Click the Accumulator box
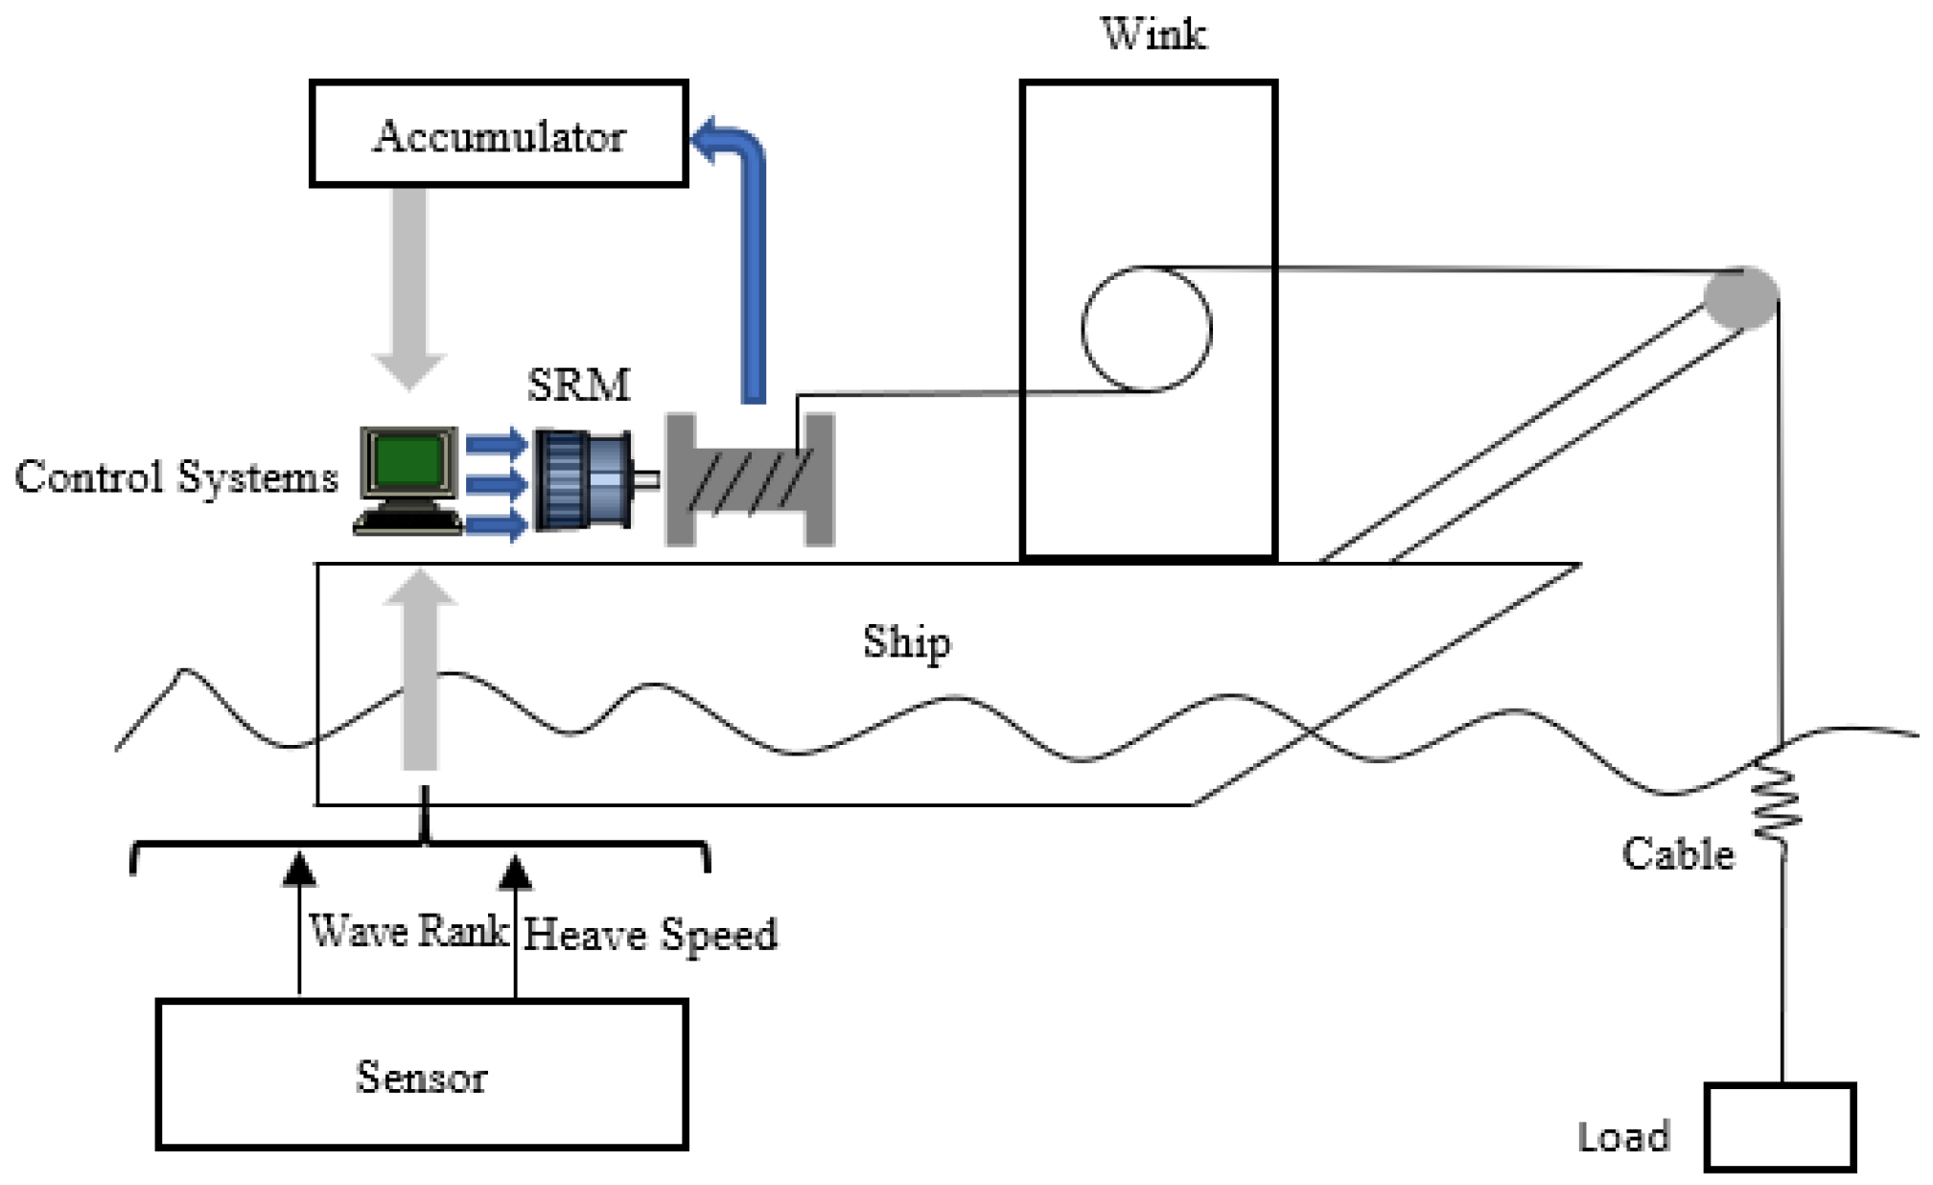coord(499,134)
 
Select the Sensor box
coord(422,1075)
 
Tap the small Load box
coord(1780,1127)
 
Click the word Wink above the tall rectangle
coord(1153,35)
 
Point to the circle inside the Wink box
coord(1147,329)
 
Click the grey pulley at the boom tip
coord(1741,297)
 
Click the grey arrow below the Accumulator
coord(409,288)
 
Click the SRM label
coord(579,385)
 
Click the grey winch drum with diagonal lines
coord(750,480)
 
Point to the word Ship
coord(906,642)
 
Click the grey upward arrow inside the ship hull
coord(420,671)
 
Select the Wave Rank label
coord(408,931)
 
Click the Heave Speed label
coord(650,935)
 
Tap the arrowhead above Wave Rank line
coord(299,869)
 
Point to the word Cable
coord(1678,853)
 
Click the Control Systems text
coord(176,477)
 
